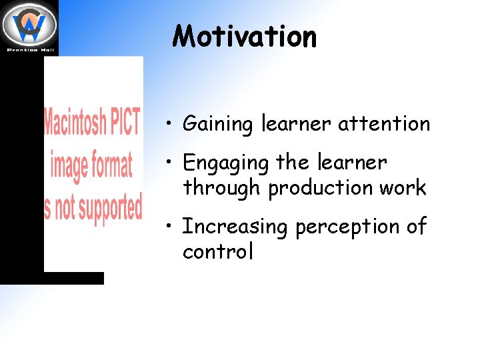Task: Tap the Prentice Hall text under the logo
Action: [29, 49]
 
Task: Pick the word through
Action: [223, 189]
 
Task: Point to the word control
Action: [218, 252]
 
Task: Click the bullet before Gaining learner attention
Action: [171, 124]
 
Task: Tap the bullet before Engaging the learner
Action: [171, 163]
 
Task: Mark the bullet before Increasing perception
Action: [171, 227]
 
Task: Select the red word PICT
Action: [125, 123]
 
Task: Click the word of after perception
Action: [416, 227]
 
